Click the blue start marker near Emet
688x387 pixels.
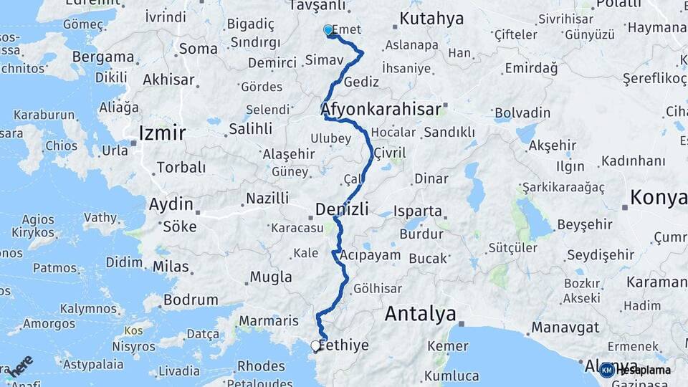[x=328, y=30]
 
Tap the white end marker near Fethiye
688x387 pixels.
[x=315, y=345]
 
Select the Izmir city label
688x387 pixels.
[x=162, y=133]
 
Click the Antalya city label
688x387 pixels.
[x=420, y=314]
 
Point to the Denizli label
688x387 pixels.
[x=342, y=209]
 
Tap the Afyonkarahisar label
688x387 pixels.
[x=381, y=110]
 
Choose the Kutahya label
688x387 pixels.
[x=431, y=19]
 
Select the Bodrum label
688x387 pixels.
[x=191, y=300]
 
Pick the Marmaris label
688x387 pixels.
[x=269, y=320]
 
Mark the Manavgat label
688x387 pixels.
[x=565, y=328]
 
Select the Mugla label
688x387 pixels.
[x=271, y=277]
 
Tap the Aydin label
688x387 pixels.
[x=171, y=204]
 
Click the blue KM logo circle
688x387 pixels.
[x=607, y=370]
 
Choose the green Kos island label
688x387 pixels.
[x=133, y=331]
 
